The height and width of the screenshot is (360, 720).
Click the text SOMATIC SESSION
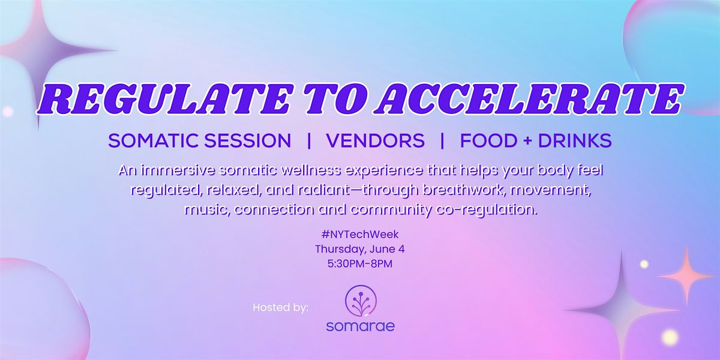pyautogui.click(x=200, y=141)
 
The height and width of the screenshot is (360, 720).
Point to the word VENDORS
pyautogui.click(x=376, y=141)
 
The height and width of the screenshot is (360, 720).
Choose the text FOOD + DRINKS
pyautogui.click(x=536, y=141)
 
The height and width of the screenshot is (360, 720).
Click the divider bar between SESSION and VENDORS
pyautogui.click(x=309, y=141)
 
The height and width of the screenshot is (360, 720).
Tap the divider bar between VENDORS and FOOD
pyautogui.click(x=442, y=141)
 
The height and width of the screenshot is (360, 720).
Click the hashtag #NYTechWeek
pyautogui.click(x=360, y=235)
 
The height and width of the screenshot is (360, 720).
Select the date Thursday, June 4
pyautogui.click(x=360, y=249)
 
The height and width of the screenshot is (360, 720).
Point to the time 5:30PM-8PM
pyautogui.click(x=360, y=264)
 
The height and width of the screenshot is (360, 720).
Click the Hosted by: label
pyautogui.click(x=281, y=308)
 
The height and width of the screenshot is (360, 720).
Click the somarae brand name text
pyautogui.click(x=361, y=326)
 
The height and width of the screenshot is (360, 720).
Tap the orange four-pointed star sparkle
pyautogui.click(x=686, y=277)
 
